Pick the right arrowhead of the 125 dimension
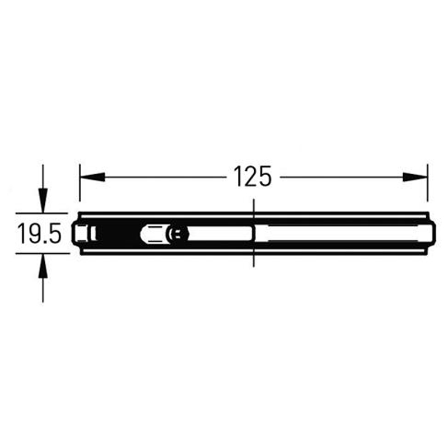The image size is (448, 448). (x=415, y=177)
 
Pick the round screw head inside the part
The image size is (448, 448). (x=177, y=234)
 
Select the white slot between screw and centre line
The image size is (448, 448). (x=218, y=234)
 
